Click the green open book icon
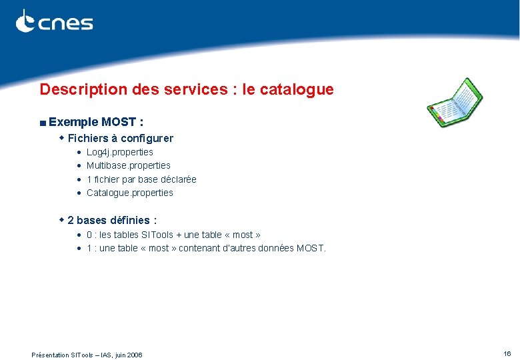tap(455, 102)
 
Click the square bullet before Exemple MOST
tap(42, 123)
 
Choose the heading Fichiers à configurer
tap(120, 139)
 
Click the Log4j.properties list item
tap(120, 152)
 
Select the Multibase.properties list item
tap(129, 165)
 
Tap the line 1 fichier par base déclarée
tap(141, 179)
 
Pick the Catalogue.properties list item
tap(130, 193)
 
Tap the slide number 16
tap(507, 353)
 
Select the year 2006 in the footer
tap(133, 355)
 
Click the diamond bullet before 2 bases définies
tap(61, 219)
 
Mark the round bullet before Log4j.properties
tap(79, 153)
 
